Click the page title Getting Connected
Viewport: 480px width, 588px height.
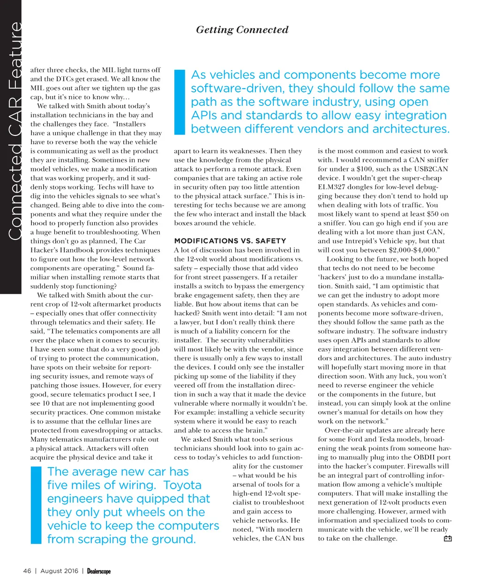242,30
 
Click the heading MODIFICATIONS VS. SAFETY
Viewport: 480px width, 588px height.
230,241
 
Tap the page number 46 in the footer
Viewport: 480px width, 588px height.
27,571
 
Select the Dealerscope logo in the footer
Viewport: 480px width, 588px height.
98,571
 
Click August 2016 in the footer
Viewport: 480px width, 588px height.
59,571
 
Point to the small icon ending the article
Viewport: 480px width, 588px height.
447,539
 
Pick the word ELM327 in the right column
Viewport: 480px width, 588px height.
331,187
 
